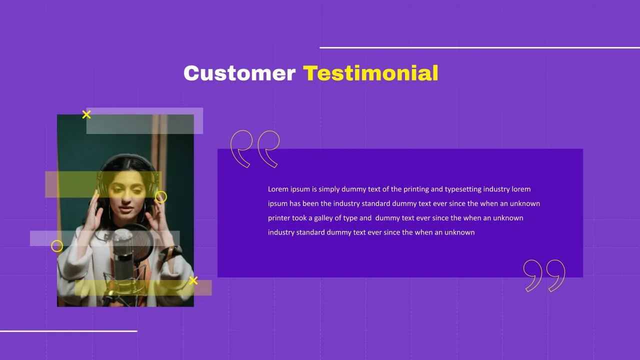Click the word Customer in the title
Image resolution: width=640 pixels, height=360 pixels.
(x=239, y=73)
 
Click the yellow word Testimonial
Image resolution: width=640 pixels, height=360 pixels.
(x=370, y=73)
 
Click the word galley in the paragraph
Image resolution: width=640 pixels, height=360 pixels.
(x=323, y=218)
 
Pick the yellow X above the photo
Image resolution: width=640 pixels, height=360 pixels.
(x=86, y=114)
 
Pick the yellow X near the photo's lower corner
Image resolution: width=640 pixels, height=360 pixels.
(x=193, y=280)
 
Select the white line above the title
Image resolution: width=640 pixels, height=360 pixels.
(x=479, y=47)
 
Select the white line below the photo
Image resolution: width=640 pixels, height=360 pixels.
(x=68, y=331)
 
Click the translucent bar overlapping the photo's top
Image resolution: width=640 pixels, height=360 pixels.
(x=144, y=121)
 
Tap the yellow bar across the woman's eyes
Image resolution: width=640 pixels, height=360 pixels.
(x=103, y=184)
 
